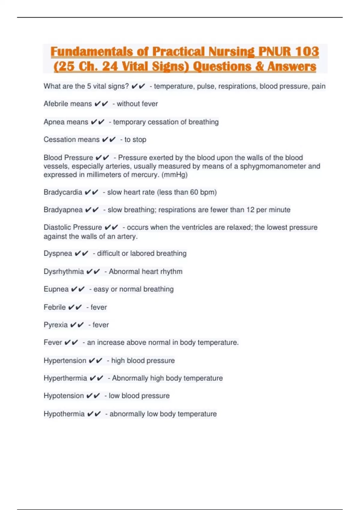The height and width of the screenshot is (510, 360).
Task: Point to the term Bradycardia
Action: pos(63,192)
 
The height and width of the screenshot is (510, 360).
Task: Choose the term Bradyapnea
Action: pos(63,210)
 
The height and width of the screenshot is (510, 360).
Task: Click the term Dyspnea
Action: pos(58,253)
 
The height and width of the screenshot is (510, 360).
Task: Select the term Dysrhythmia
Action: pos(64,271)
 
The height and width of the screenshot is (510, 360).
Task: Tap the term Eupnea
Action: pos(56,289)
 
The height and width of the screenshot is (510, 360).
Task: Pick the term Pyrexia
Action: pos(55,325)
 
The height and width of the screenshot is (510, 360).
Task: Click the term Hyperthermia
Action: pos(65,378)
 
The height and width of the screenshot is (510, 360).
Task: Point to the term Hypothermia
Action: pos(64,414)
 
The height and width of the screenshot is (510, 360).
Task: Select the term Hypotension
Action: pos(64,396)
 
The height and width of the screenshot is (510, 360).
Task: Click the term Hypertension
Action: pos(65,361)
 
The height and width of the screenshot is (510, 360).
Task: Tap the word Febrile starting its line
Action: pos(54,307)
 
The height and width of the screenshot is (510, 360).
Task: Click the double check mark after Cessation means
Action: pos(109,140)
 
